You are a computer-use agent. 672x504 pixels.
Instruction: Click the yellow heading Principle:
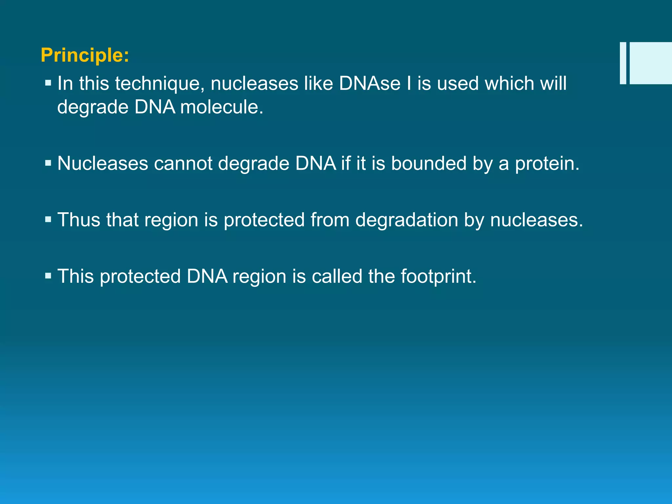click(85, 55)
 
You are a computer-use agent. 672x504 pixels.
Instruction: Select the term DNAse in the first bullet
click(369, 83)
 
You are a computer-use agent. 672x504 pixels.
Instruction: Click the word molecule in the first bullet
click(221, 107)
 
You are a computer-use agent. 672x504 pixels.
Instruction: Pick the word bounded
click(429, 163)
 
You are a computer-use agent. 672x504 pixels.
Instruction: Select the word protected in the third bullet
click(264, 220)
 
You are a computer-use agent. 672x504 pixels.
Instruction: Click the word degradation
click(407, 220)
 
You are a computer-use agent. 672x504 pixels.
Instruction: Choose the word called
click(337, 276)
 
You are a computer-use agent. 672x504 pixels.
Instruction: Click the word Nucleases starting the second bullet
click(103, 163)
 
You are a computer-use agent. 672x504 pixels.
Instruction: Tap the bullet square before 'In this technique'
click(48, 83)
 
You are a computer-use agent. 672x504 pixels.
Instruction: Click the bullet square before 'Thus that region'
click(48, 219)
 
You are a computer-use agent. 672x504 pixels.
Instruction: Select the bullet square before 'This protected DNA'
click(48, 276)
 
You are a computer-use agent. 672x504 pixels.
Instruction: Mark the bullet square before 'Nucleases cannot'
click(48, 163)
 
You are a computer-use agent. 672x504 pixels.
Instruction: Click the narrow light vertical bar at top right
click(623, 63)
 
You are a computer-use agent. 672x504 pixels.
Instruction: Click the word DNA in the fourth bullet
click(207, 276)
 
